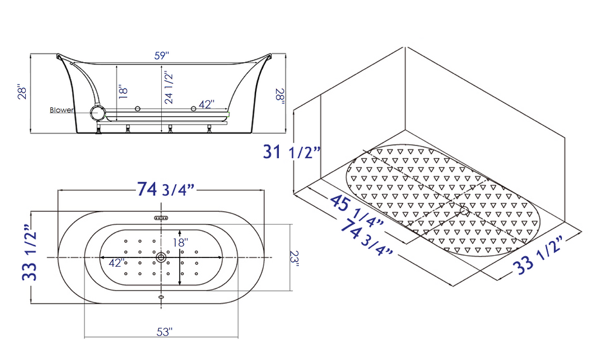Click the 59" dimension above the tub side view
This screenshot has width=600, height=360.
pos(162,56)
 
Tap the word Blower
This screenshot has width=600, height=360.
pos(62,110)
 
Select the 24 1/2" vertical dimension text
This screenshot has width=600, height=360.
pos(168,87)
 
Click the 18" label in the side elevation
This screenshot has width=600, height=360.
pos(122,92)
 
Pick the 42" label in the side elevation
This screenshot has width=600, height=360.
pos(205,104)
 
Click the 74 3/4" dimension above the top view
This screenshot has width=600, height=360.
pos(166,189)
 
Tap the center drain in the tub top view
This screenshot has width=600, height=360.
pos(161,257)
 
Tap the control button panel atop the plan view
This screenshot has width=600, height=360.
pos(161,218)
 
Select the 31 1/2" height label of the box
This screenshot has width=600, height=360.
pos(292,152)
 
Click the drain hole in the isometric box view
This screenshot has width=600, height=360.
pos(464,210)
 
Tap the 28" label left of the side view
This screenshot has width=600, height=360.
pos(22,93)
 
